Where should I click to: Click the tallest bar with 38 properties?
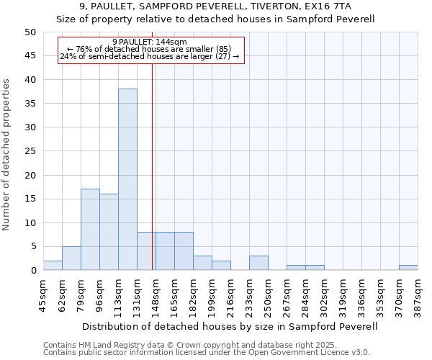(127, 179)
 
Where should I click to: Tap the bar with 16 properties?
(109, 232)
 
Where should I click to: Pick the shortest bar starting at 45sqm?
(53, 265)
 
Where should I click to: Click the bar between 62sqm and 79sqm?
(71, 258)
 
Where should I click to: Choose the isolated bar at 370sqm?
(408, 267)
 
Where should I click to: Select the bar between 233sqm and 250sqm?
(258, 263)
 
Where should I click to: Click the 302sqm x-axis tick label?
(325, 294)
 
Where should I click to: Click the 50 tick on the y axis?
(30, 32)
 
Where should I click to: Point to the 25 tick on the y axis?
(30, 151)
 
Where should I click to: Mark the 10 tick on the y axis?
(30, 222)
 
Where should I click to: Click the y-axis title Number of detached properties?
(6, 155)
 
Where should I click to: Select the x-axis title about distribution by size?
(230, 326)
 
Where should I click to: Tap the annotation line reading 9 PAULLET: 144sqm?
(150, 42)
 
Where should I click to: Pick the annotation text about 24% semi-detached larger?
(150, 56)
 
